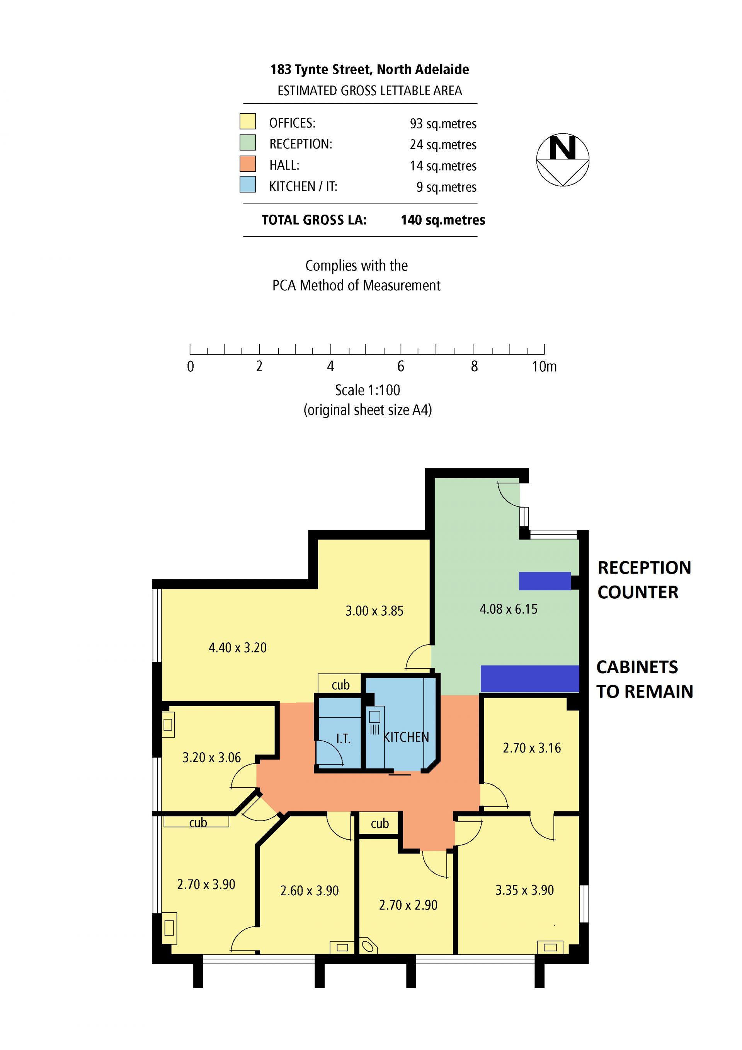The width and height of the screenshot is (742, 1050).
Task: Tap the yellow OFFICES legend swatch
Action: [x=248, y=122]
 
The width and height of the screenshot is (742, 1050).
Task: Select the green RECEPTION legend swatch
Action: [x=248, y=143]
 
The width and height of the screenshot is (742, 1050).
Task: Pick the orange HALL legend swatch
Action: [x=248, y=164]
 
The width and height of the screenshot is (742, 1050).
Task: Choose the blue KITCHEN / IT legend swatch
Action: [x=248, y=184]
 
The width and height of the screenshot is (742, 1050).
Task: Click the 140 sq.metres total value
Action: [x=443, y=220]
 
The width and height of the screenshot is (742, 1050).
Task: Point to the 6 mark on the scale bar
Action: [x=401, y=366]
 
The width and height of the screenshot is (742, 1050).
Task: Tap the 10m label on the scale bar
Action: [x=544, y=366]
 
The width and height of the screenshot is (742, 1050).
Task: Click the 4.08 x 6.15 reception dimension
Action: [x=509, y=609]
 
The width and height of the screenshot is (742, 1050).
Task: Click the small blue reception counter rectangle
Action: [x=545, y=581]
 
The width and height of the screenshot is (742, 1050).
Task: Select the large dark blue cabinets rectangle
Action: [x=530, y=679]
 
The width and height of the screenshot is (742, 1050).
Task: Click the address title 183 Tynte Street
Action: [x=369, y=70]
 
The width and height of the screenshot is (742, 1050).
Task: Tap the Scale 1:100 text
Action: [x=368, y=390]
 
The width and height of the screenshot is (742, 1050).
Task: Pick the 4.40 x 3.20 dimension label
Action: [x=238, y=647]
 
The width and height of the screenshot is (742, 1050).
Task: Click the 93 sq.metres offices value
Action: [x=443, y=123]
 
